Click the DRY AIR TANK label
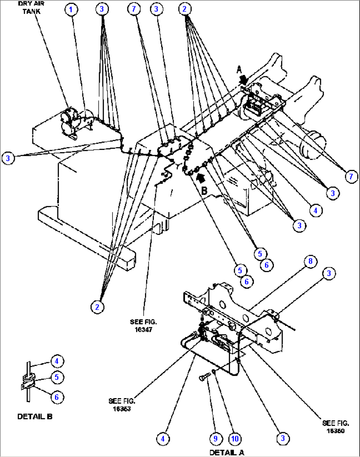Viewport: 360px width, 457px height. click(x=31, y=7)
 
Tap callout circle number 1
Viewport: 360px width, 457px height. click(x=71, y=9)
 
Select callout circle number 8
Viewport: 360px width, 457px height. click(x=310, y=262)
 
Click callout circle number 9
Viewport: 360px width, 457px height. click(x=215, y=439)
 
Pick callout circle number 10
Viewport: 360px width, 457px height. click(x=235, y=439)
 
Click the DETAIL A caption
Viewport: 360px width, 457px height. click(x=227, y=452)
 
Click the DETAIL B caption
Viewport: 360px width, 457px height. click(x=35, y=416)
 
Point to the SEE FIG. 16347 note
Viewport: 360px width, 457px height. click(x=143, y=325)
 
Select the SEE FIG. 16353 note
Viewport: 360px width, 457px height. click(x=122, y=404)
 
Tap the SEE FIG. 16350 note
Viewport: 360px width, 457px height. click(x=335, y=427)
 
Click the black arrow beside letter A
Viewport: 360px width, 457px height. click(x=244, y=79)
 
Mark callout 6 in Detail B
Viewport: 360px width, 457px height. click(x=56, y=397)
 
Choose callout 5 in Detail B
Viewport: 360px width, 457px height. click(x=57, y=377)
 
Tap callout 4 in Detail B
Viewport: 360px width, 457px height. click(x=57, y=361)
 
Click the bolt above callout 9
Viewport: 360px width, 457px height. click(x=204, y=376)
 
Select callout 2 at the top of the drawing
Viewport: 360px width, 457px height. click(x=184, y=9)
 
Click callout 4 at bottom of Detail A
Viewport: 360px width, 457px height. click(x=162, y=439)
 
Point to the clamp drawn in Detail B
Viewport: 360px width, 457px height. click(x=28, y=382)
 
